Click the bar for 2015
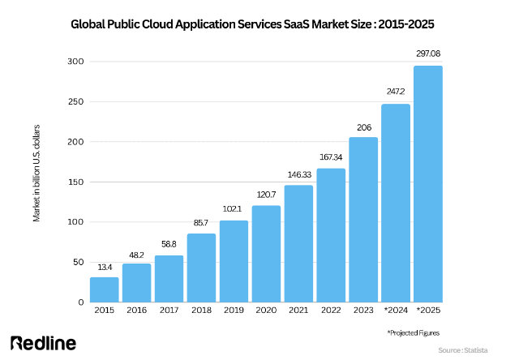[x=104, y=289]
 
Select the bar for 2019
[x=234, y=261]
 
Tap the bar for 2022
[x=331, y=235]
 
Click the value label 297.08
[x=428, y=54]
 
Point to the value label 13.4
[x=104, y=266]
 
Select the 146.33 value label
[x=298, y=174]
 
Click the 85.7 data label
[x=201, y=222]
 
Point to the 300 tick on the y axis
[x=75, y=62]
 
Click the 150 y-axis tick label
[x=75, y=182]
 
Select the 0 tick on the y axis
[x=80, y=302]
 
